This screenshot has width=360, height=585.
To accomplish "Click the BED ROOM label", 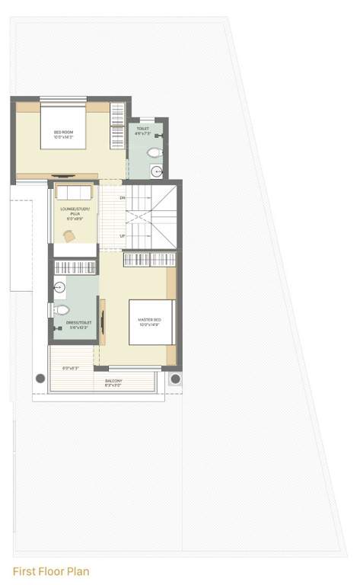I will pos(62,135).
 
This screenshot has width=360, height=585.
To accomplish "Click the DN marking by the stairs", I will pos(122,198).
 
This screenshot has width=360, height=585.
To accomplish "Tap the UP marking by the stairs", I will pos(122,236).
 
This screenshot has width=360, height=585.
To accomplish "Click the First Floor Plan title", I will pos(50,570).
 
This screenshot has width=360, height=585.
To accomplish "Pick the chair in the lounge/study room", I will pos(69,236).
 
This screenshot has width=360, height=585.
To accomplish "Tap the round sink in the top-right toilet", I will pos(156,171).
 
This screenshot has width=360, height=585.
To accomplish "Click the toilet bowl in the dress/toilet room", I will pos(61,310).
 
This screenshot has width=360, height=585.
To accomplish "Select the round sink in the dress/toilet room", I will pos(59,287).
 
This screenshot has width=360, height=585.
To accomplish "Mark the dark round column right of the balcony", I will pos(175,379).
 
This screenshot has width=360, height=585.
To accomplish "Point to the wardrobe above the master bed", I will pos(150,260).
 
